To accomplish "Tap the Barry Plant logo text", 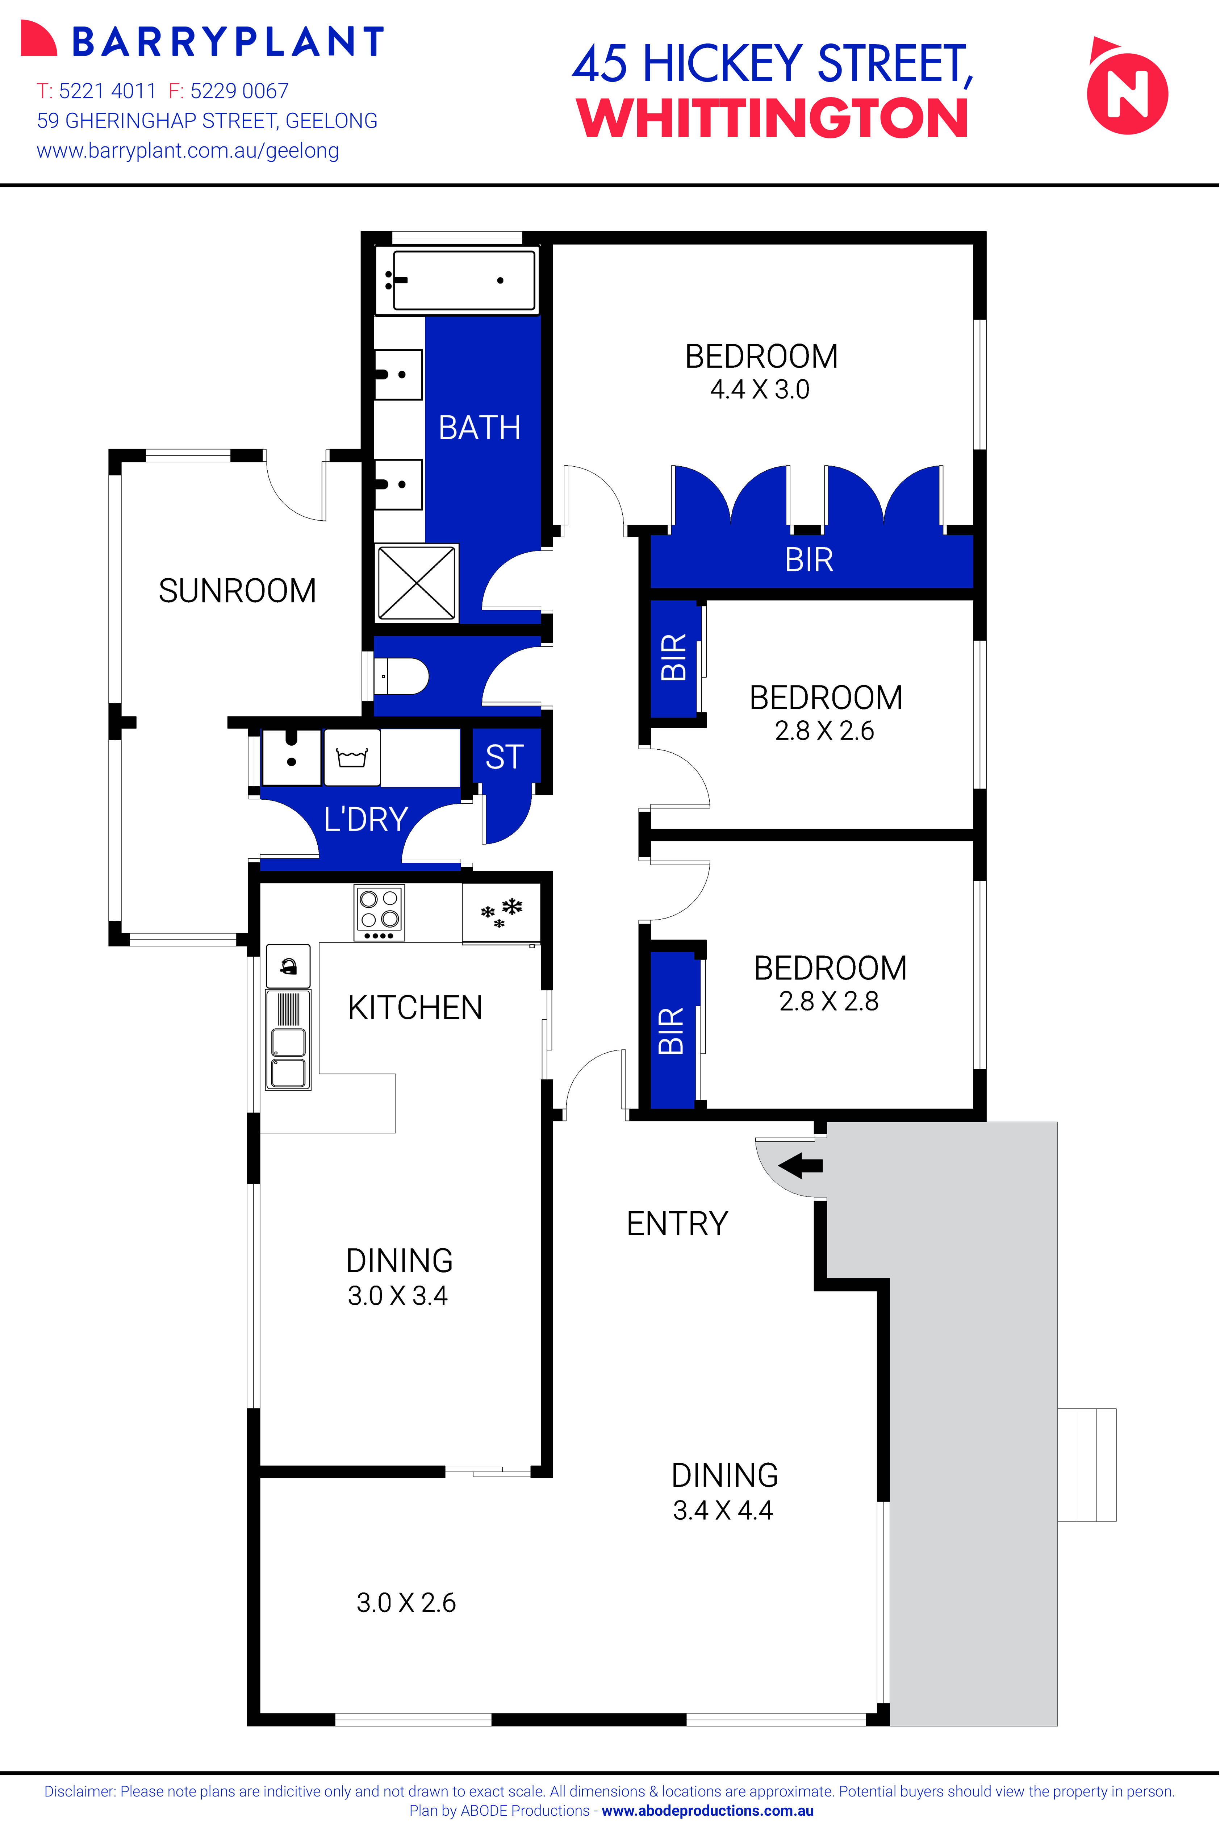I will (227, 42).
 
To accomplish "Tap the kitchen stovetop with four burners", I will (379, 912).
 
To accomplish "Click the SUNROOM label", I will (237, 591).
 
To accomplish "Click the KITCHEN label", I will (415, 1008).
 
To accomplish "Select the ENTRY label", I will (677, 1223).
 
